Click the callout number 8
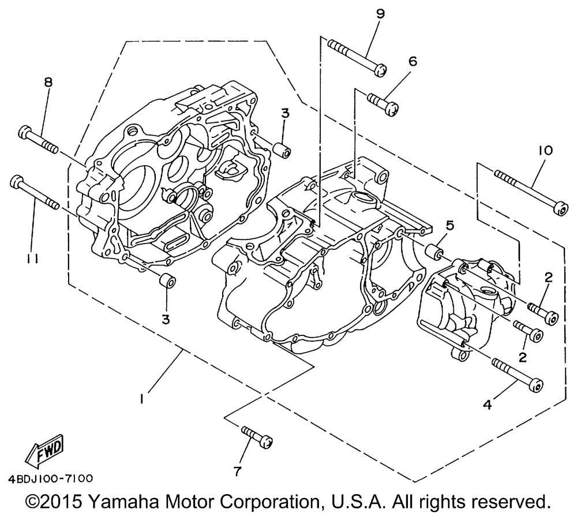(48, 82)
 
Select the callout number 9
(380, 14)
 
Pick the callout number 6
(413, 61)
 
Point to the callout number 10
(546, 150)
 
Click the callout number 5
(451, 225)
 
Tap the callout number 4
(487, 405)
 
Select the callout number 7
(237, 471)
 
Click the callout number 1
(141, 399)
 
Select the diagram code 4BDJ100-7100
(50, 478)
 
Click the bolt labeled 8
(38, 140)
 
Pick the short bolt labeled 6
(383, 104)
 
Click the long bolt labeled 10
(530, 193)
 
